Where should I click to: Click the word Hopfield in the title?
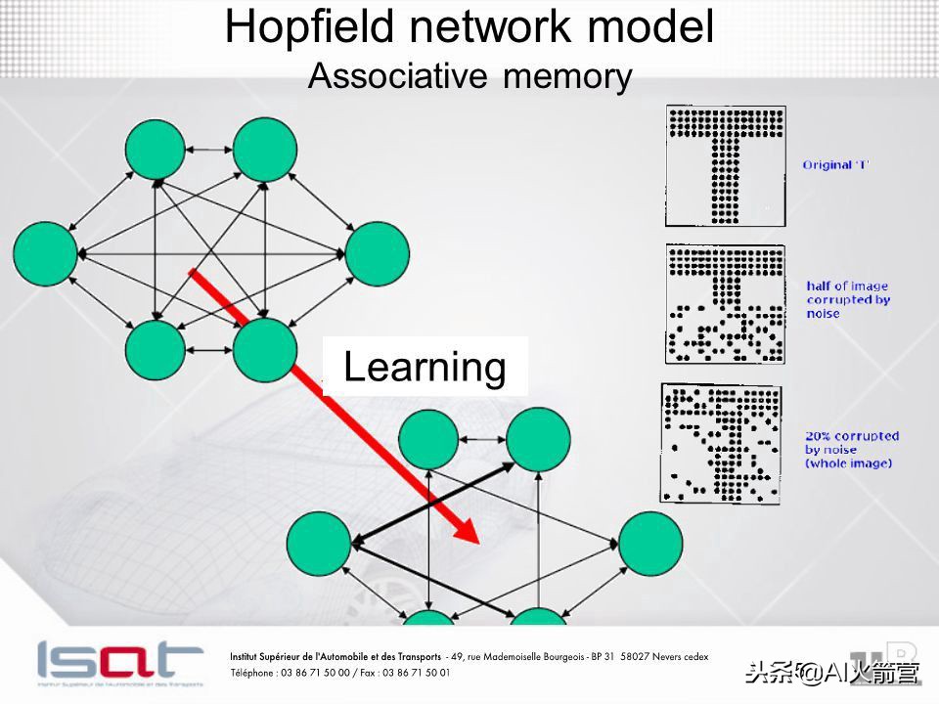[x=309, y=28]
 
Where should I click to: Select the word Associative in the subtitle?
[x=398, y=76]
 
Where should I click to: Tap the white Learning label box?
[x=425, y=367]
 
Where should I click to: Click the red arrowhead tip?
[x=479, y=544]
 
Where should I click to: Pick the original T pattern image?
[x=726, y=166]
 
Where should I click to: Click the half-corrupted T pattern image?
[x=725, y=303]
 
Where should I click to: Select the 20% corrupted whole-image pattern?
[x=721, y=444]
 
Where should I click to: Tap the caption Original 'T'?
[x=835, y=164]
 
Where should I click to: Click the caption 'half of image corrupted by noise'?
[x=847, y=299]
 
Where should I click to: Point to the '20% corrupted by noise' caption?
[x=852, y=450]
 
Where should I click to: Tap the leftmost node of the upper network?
[x=46, y=254]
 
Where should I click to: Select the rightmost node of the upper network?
[x=378, y=254]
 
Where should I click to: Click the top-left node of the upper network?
[x=156, y=149]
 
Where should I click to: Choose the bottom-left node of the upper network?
[x=156, y=350]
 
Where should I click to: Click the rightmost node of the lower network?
[x=650, y=544]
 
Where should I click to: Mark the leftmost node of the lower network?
[x=319, y=544]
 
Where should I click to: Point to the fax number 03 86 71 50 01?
[x=417, y=673]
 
